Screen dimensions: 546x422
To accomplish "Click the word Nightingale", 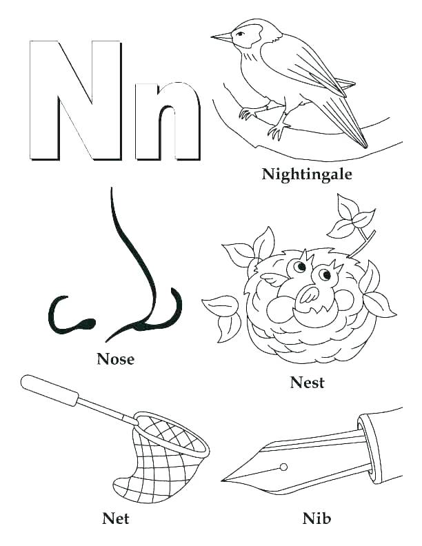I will [307, 174].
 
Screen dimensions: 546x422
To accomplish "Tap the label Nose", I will [116, 358].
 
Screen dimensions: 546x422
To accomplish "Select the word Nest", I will [308, 383].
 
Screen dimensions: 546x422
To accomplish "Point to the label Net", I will [115, 516].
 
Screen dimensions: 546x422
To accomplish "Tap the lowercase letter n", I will [168, 121].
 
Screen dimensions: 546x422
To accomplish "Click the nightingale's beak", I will [222, 37].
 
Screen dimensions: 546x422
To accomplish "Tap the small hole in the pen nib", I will [283, 467].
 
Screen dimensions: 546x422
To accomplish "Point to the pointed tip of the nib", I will [225, 478].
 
